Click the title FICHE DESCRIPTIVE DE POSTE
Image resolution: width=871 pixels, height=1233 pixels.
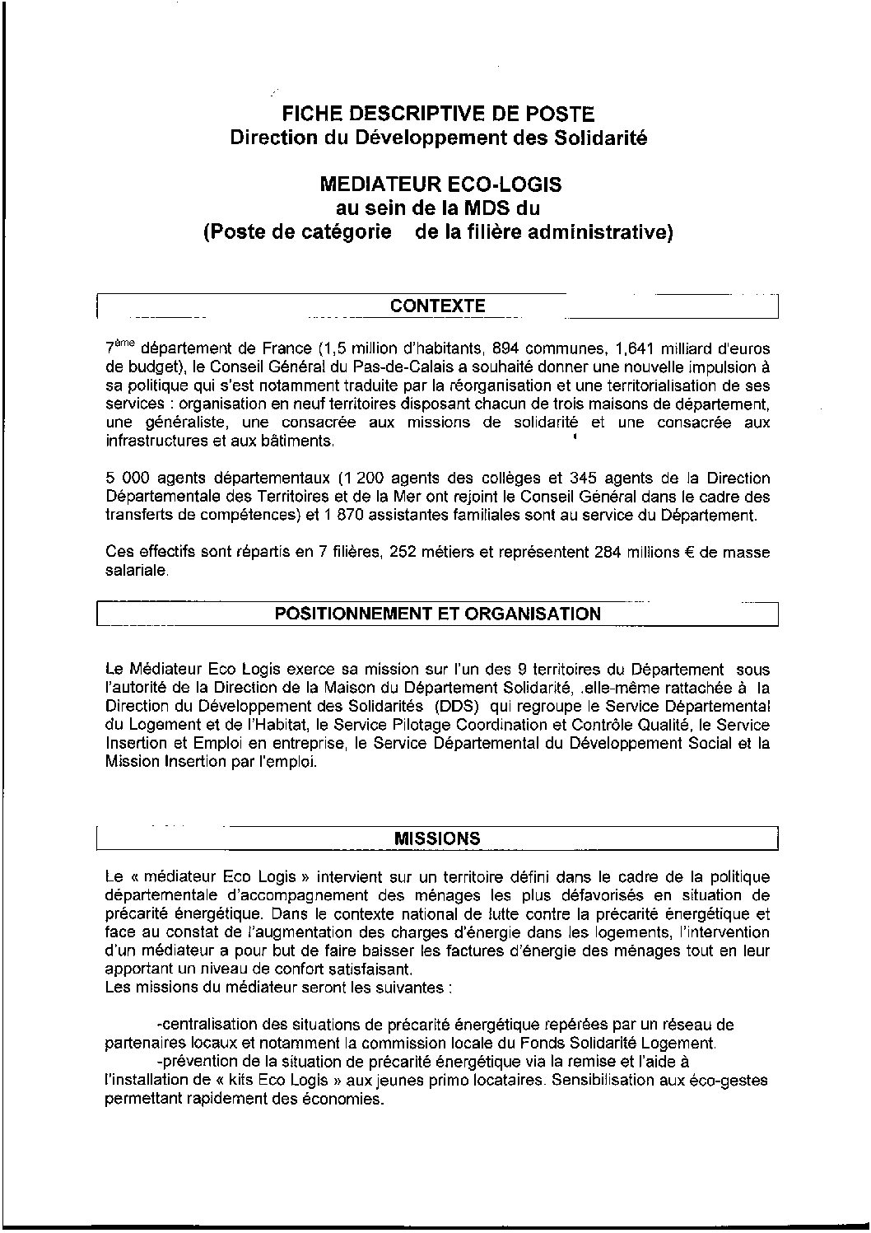(437, 114)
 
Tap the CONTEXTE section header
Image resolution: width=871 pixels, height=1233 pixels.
(438, 306)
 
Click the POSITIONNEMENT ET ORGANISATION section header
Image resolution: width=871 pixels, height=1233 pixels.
(438, 614)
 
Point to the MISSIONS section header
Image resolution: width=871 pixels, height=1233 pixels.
(438, 839)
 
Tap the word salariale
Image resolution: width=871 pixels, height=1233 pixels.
(137, 571)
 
